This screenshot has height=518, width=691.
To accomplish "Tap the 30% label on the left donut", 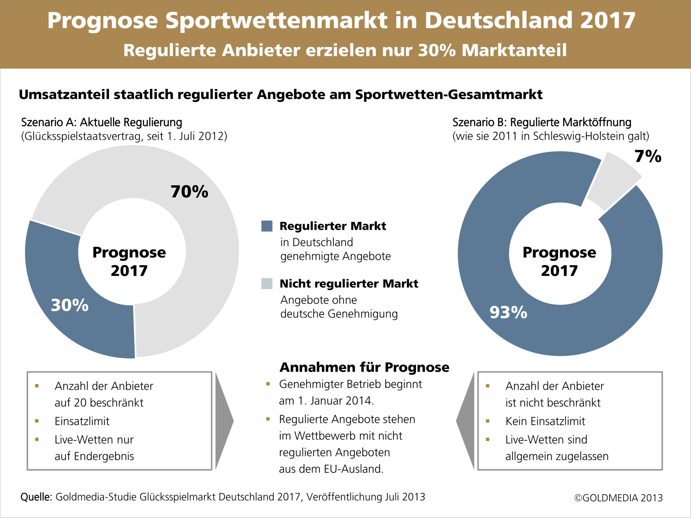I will coord(70,305).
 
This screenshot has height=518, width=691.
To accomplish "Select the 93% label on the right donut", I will coord(508,312).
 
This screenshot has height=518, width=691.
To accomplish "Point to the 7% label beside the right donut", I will coord(648,156).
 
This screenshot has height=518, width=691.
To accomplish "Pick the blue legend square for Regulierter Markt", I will coord(267,226).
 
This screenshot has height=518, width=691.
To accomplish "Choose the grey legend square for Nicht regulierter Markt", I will coord(267,284).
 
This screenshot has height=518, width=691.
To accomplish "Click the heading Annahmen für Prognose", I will coord(364,367).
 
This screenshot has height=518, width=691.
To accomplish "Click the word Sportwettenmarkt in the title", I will coord(276,21).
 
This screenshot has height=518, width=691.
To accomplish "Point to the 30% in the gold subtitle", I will coord(437,50).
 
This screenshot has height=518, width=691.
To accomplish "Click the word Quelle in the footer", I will coord(36,497).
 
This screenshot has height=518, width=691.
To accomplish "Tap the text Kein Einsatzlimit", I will coord(545,421).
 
